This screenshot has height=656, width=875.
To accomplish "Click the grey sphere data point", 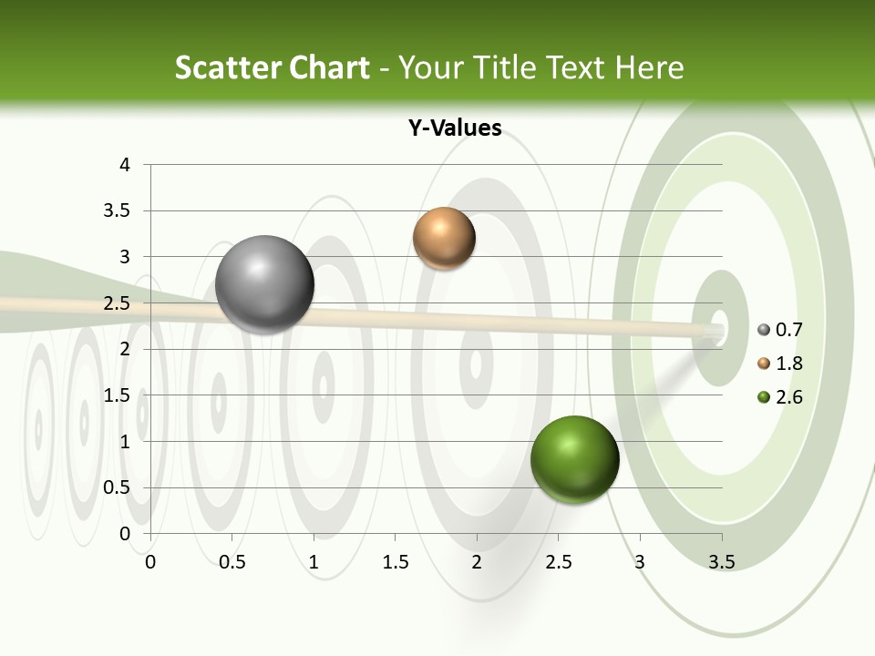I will pyautogui.click(x=265, y=284).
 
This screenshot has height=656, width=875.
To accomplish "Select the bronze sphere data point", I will pyautogui.click(x=444, y=238).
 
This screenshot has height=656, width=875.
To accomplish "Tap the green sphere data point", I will pyautogui.click(x=574, y=459).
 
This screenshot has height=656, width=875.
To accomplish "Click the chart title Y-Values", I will pyautogui.click(x=454, y=128).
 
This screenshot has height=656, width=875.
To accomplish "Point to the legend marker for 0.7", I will pyautogui.click(x=764, y=330).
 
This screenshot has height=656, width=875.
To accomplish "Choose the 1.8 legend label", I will pyautogui.click(x=789, y=364).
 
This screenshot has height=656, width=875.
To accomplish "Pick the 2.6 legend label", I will pyautogui.click(x=789, y=397).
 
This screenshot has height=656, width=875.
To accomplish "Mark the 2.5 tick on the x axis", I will pyautogui.click(x=559, y=562).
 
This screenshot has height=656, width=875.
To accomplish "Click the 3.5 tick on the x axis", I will pyautogui.click(x=722, y=562).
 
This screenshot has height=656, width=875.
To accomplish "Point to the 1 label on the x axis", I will pyautogui.click(x=314, y=562).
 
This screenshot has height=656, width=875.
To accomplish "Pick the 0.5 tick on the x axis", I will pyautogui.click(x=232, y=562).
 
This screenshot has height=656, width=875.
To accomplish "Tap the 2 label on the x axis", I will pyautogui.click(x=477, y=562).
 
